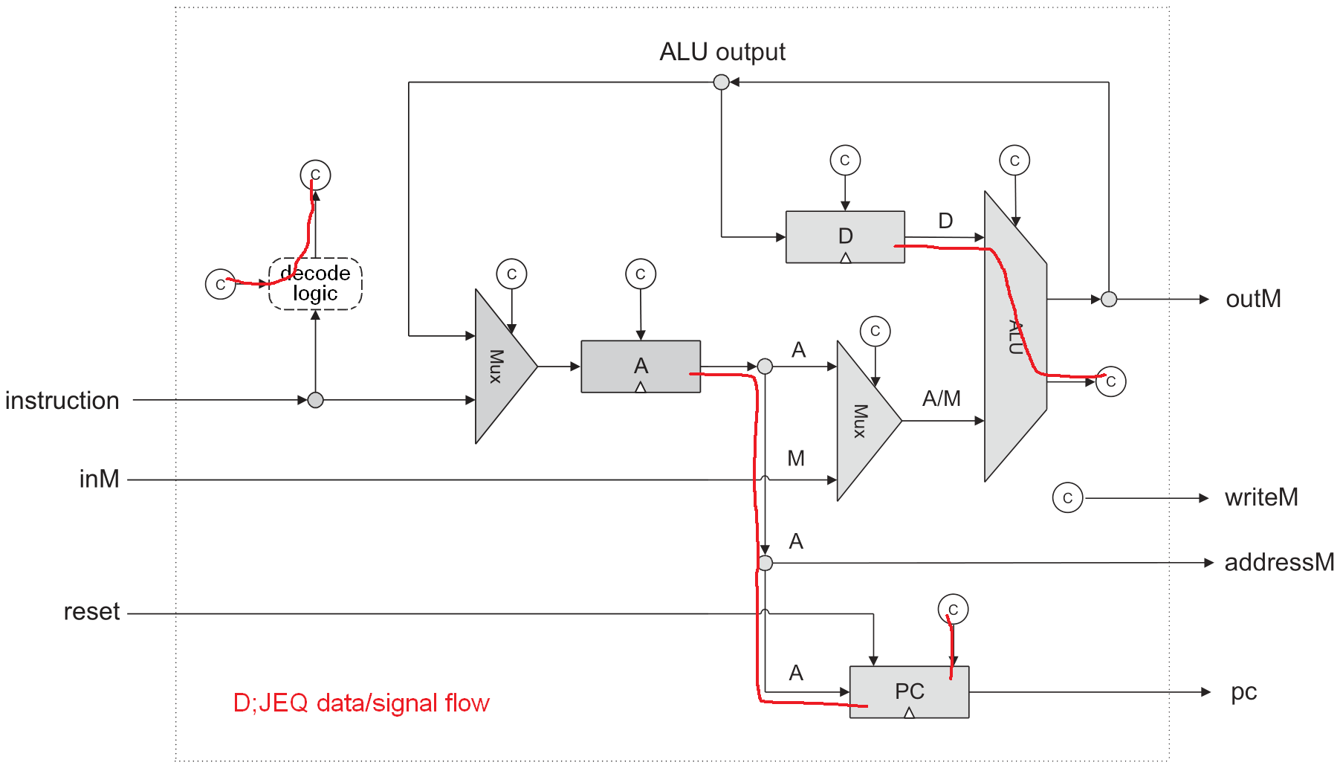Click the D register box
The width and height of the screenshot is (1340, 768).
click(x=845, y=236)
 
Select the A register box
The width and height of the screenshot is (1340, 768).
click(x=641, y=366)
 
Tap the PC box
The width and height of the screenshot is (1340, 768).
click(x=909, y=691)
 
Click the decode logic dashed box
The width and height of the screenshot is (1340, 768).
click(x=315, y=283)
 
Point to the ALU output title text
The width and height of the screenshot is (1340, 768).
click(x=722, y=52)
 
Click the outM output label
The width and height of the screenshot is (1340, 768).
click(x=1253, y=299)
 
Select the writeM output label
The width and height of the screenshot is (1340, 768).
click(x=1261, y=497)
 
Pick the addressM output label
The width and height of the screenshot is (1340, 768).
click(x=1279, y=562)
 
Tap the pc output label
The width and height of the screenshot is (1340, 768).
click(x=1243, y=691)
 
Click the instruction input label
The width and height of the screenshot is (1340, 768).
click(x=62, y=401)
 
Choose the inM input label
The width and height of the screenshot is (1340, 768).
click(x=100, y=479)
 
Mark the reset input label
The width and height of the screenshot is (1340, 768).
click(x=91, y=612)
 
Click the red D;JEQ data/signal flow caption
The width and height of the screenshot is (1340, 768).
click(x=361, y=703)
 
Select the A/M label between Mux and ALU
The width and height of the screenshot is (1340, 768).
click(x=941, y=399)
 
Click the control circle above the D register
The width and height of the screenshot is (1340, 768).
click(x=845, y=160)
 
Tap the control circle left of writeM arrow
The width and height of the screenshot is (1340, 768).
click(x=1067, y=498)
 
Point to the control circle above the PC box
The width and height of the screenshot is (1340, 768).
click(x=953, y=610)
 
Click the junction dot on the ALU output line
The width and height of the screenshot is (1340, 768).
click(x=721, y=82)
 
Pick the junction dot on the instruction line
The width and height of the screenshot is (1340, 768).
click(x=315, y=400)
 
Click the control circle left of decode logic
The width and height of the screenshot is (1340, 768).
click(x=220, y=285)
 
